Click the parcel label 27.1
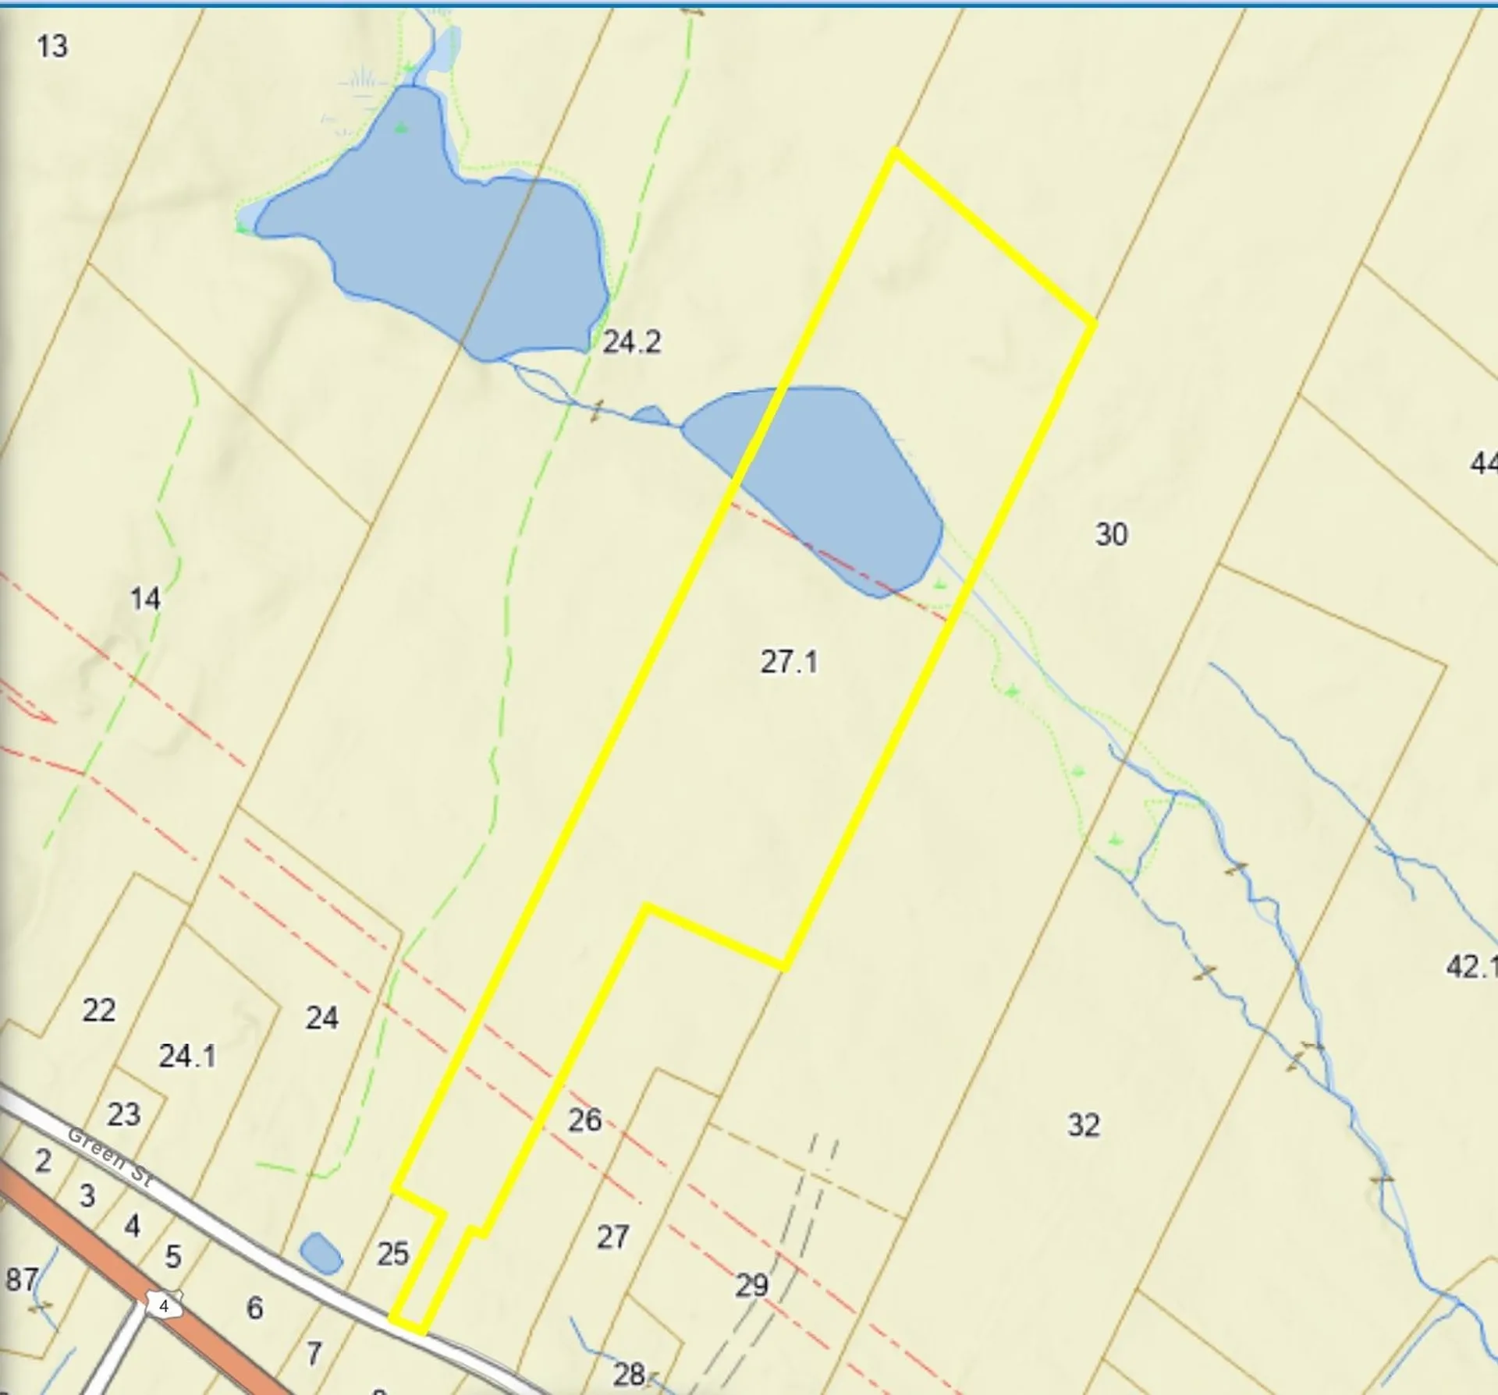pyautogui.click(x=789, y=662)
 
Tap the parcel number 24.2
pyautogui.click(x=631, y=342)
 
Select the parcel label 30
pyautogui.click(x=1111, y=534)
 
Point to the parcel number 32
pyautogui.click(x=1083, y=1124)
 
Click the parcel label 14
pyautogui.click(x=145, y=599)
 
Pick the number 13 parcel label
pyautogui.click(x=52, y=47)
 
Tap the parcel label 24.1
pyautogui.click(x=187, y=1056)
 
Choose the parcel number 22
pyautogui.click(x=99, y=1010)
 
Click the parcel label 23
pyautogui.click(x=123, y=1114)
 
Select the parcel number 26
pyautogui.click(x=584, y=1120)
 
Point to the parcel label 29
pyautogui.click(x=751, y=1285)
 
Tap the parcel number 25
pyautogui.click(x=392, y=1254)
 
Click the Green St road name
pyautogui.click(x=110, y=1157)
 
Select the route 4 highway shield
pyautogui.click(x=164, y=1305)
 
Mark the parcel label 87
pyautogui.click(x=21, y=1280)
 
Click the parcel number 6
pyautogui.click(x=254, y=1308)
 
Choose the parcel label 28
pyautogui.click(x=629, y=1374)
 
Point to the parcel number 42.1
pyautogui.click(x=1470, y=967)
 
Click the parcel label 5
pyautogui.click(x=173, y=1256)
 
